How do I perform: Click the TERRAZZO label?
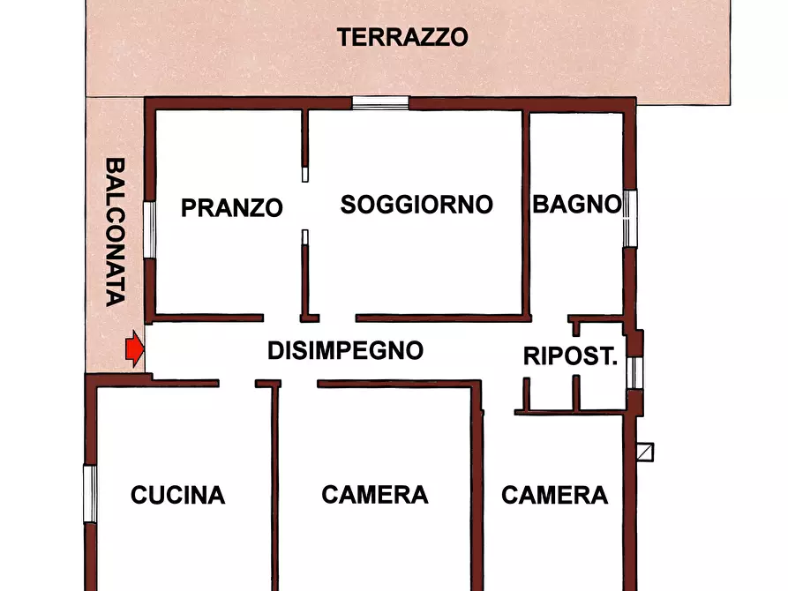402,38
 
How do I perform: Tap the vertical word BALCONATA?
114,232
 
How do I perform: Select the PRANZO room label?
231,208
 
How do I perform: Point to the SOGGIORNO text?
417,205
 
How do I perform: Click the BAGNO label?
576,205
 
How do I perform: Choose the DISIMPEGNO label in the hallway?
345,350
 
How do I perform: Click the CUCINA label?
177,496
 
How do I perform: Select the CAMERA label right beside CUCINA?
374,495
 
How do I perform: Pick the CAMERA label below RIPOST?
554,495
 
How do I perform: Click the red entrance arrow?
133,349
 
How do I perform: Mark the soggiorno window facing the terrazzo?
380,102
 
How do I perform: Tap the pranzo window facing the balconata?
150,230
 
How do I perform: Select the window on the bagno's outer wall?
630,218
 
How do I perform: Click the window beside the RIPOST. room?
634,372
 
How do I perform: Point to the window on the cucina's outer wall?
89,493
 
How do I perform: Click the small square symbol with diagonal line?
647,453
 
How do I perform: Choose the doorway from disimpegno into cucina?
237,384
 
